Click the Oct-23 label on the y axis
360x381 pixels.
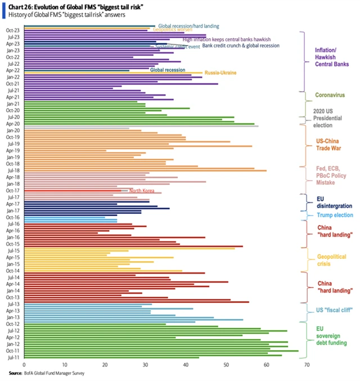[12, 30]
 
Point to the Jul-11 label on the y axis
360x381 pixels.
[12, 357]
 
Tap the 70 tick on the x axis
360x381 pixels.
[307, 365]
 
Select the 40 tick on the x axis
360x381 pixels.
[186, 365]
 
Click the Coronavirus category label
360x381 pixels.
[330, 95]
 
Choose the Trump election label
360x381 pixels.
[334, 215]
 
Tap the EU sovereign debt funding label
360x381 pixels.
[332, 336]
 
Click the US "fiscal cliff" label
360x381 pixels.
[334, 310]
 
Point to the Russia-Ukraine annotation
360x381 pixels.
[220, 73]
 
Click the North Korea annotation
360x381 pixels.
[142, 191]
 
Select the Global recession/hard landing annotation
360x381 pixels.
[188, 26]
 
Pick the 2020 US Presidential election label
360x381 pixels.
[328, 118]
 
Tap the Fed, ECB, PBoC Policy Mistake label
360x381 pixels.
[331, 176]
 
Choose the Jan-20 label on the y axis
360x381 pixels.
[12, 130]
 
